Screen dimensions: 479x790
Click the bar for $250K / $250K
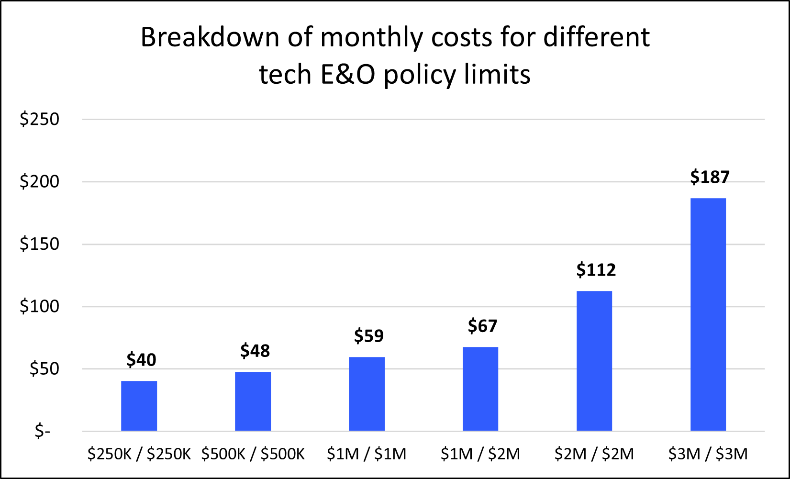[139, 406]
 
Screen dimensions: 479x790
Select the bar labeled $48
[253, 401]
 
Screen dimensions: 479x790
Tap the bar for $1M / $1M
[367, 394]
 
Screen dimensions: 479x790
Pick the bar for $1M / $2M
[480, 389]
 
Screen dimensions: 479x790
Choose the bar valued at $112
[594, 361]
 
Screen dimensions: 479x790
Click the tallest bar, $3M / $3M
[708, 314]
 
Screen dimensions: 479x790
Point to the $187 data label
[710, 177]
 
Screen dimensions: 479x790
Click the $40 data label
[141, 359]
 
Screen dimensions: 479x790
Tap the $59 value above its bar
[368, 335]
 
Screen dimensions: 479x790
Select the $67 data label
[482, 326]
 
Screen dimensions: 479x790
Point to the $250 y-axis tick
[39, 119]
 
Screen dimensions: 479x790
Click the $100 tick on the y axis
[39, 306]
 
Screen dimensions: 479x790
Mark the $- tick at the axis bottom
[42, 431]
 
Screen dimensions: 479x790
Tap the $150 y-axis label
[39, 244]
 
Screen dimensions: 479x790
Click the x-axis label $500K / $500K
[253, 454]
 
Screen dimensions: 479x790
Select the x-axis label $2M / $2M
[594, 454]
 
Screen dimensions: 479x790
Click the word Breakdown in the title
[210, 37]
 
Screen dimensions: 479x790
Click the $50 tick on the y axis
[44, 368]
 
